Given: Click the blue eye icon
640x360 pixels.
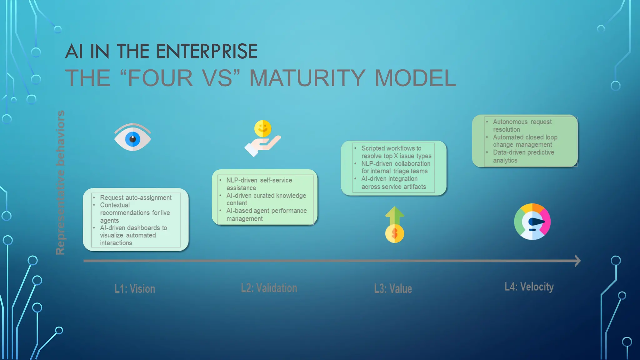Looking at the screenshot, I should [x=132, y=138].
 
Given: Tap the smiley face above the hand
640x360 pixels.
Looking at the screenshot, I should [x=262, y=128].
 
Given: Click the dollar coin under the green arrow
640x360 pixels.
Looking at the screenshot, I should [x=394, y=233].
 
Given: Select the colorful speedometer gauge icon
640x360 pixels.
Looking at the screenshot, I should [x=532, y=222].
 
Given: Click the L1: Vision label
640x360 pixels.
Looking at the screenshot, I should [x=135, y=289].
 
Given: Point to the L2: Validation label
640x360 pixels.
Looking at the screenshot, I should [x=269, y=288].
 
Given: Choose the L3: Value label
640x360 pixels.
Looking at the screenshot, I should [x=393, y=289].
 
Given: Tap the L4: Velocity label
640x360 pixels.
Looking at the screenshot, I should [x=529, y=287].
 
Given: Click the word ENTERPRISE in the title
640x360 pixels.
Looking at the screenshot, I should [x=207, y=52].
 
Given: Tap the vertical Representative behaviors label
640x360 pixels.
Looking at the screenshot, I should [x=60, y=182].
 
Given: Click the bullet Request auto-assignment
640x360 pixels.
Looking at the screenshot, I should [x=136, y=198].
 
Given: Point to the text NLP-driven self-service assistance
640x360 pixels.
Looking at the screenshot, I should [x=259, y=184].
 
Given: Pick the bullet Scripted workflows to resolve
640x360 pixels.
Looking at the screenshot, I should [x=396, y=152].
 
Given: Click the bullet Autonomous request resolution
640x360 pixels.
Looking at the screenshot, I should [x=522, y=125].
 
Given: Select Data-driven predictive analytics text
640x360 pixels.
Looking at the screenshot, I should [x=523, y=156].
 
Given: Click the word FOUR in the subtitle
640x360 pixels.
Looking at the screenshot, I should [x=160, y=78].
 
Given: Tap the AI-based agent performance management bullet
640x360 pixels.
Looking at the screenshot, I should [x=266, y=215].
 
